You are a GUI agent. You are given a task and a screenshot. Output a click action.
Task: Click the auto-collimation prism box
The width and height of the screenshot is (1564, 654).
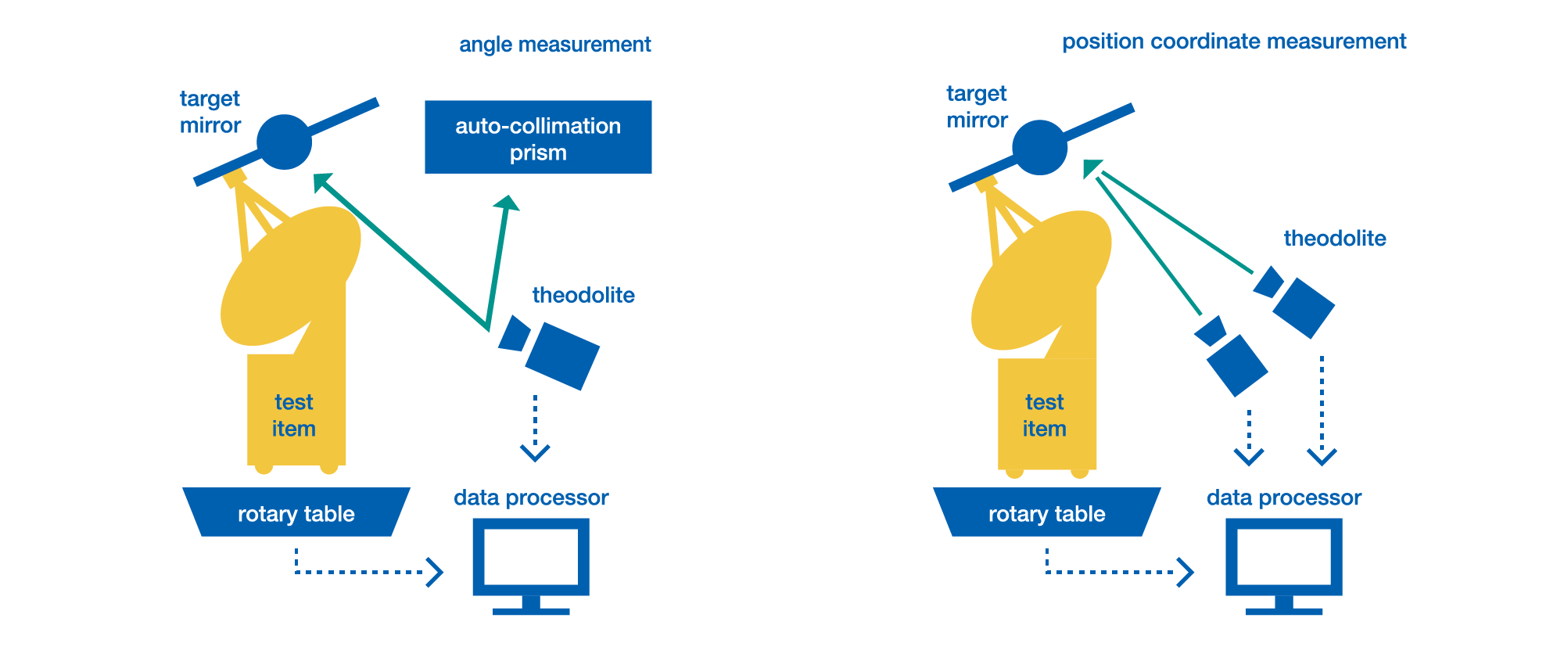538,137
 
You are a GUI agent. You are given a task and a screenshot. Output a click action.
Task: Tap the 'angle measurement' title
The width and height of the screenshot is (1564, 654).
554,45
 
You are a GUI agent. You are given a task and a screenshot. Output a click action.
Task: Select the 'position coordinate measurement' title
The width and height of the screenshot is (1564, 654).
1233,41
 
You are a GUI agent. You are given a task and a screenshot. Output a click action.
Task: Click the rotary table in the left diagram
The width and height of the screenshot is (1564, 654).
296,513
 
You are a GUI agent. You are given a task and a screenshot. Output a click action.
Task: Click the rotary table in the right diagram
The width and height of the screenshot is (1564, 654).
1046,513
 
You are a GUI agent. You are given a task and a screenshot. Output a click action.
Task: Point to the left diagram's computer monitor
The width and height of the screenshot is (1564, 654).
531,559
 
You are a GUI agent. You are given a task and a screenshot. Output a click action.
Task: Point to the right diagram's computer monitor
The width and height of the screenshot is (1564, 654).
1283,559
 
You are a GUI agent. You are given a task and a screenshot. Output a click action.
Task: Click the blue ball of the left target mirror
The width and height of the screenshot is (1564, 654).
285,142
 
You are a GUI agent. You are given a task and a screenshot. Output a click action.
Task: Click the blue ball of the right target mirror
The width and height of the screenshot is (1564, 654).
1039,148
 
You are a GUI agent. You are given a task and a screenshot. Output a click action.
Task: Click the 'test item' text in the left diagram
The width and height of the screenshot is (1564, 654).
294,415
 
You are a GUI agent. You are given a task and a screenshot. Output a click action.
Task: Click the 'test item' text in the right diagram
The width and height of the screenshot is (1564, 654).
1045,415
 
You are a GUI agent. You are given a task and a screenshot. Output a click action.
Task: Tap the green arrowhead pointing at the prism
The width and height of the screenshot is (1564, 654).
507,204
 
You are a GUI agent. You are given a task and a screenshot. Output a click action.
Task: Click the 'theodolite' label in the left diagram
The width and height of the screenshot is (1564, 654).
583,295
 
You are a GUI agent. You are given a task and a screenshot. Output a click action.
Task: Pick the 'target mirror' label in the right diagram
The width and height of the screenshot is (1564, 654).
977,107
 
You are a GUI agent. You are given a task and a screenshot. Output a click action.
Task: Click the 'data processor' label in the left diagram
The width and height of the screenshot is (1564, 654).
531,498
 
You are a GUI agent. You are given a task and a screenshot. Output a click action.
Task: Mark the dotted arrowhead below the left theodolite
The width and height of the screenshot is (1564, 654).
535,453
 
